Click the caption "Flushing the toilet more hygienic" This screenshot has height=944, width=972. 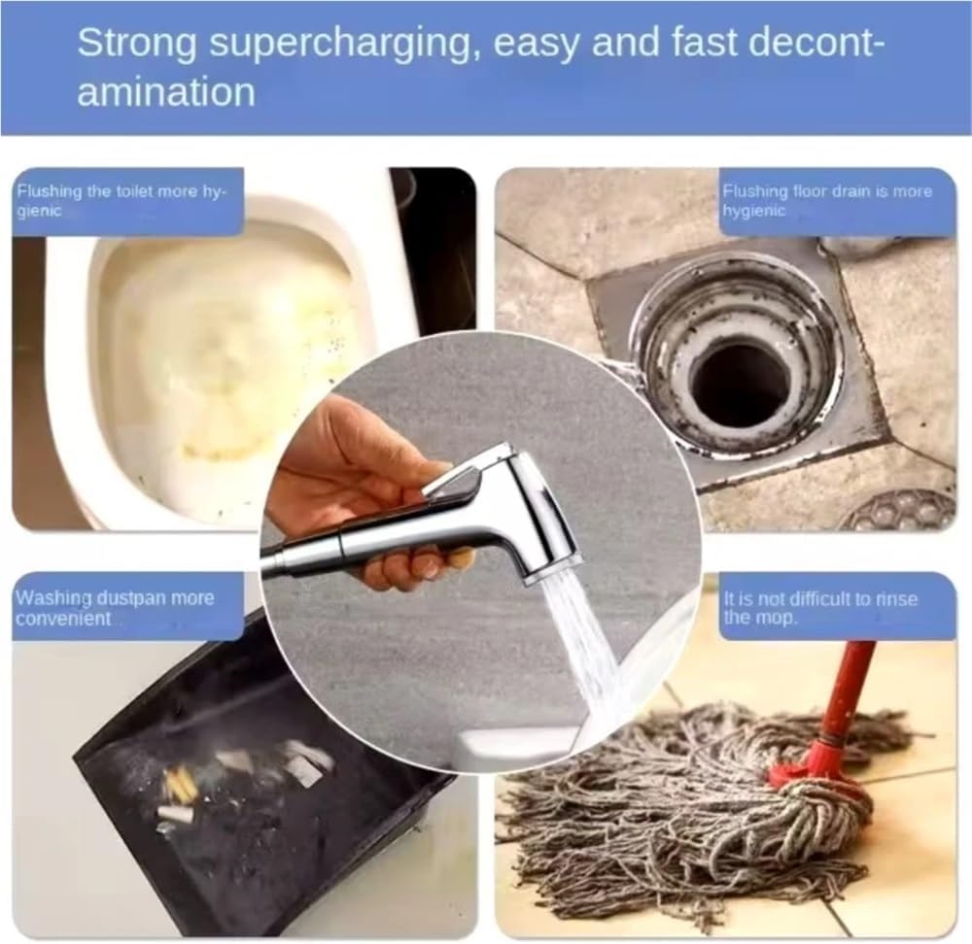click(x=121, y=200)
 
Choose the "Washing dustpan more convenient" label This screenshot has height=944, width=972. click(x=115, y=607)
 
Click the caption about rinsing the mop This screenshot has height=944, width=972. click(x=821, y=608)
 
